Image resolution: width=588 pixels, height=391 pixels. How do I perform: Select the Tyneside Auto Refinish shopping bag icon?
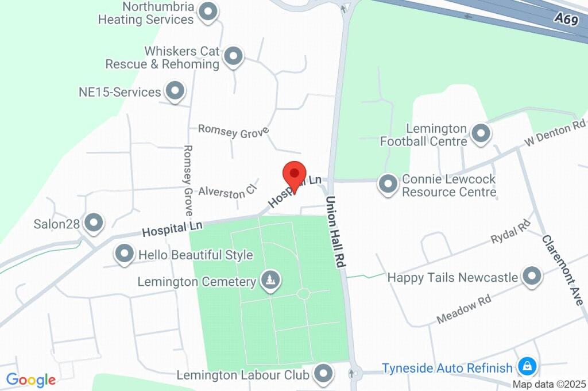pyautogui.click(x=527, y=366)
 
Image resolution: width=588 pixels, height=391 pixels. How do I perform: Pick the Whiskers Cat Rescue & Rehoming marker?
pyautogui.click(x=233, y=56)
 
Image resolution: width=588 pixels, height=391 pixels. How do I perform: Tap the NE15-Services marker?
pyautogui.click(x=175, y=90)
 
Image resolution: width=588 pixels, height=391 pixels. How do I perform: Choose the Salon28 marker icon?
pyautogui.click(x=93, y=222)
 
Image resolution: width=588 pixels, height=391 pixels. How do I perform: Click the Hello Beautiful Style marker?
pyautogui.click(x=124, y=253)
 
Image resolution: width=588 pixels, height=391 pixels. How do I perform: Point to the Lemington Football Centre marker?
pyautogui.click(x=480, y=133)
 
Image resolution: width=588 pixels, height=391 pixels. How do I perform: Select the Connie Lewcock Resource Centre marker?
pyautogui.click(x=388, y=185)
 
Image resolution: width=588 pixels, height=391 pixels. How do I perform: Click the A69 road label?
pyautogui.click(x=566, y=19)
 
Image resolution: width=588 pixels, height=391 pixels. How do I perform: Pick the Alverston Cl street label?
pyautogui.click(x=226, y=193)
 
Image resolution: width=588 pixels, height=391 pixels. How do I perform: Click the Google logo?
pyautogui.click(x=31, y=379)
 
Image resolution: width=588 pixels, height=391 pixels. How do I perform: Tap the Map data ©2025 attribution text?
pyautogui.click(x=549, y=384)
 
